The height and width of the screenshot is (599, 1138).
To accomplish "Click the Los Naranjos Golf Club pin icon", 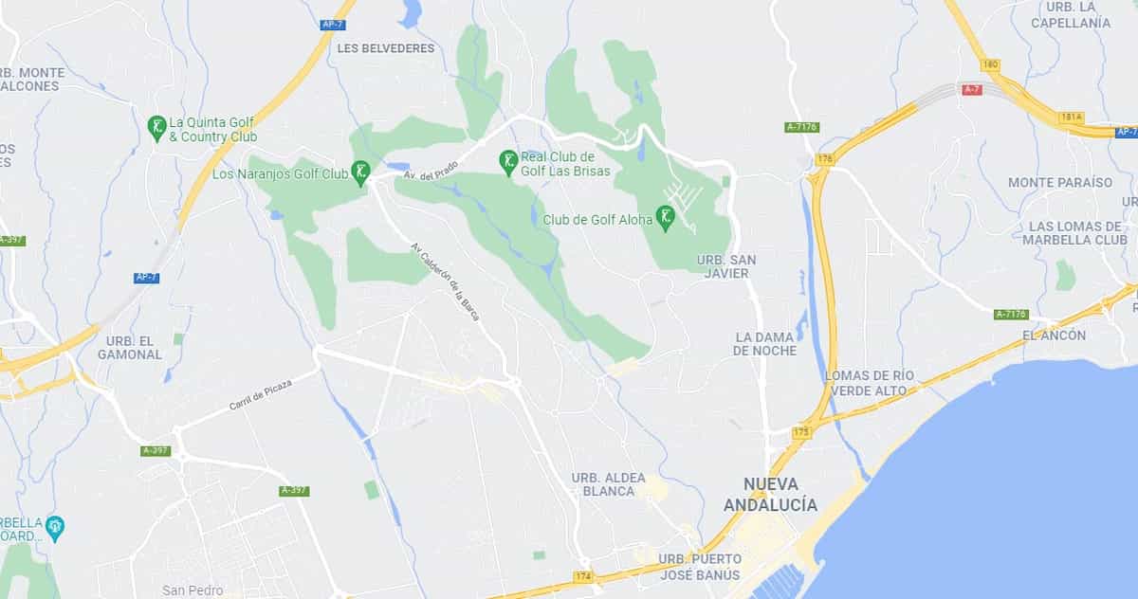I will tap(360, 172).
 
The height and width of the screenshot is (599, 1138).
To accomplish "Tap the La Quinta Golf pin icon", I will tap(157, 127).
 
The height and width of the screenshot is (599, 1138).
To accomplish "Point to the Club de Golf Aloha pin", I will tap(667, 218).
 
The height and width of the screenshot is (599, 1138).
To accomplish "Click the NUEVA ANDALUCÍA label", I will tap(770, 495).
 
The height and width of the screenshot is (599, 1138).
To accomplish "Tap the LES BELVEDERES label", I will tap(385, 48).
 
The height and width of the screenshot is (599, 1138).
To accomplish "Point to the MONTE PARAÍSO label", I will tap(1059, 182).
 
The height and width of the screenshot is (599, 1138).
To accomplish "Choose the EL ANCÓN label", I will tap(1055, 336).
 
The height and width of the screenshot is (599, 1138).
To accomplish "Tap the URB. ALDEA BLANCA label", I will tap(609, 483).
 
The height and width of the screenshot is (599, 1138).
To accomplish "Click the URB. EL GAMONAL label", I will tap(130, 348).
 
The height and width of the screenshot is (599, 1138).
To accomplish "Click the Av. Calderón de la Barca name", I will tap(445, 281).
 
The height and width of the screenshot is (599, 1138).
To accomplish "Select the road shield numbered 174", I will tap(583, 576).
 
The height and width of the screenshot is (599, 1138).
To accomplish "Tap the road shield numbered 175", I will tap(801, 432).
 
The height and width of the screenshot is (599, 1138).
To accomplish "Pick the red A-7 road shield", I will tap(971, 90).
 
